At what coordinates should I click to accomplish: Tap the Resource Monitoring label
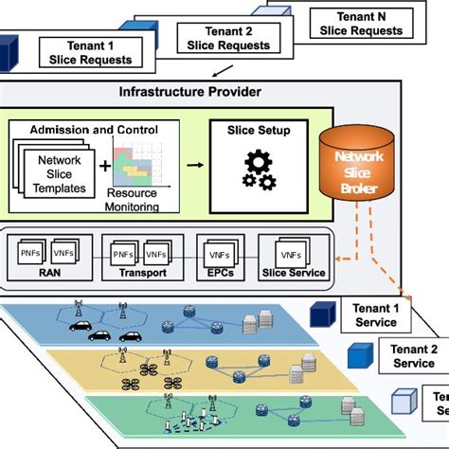139,196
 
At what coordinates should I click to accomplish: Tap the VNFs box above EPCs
218,254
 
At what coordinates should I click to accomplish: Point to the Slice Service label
293,275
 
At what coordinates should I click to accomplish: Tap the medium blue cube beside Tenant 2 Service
361,355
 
